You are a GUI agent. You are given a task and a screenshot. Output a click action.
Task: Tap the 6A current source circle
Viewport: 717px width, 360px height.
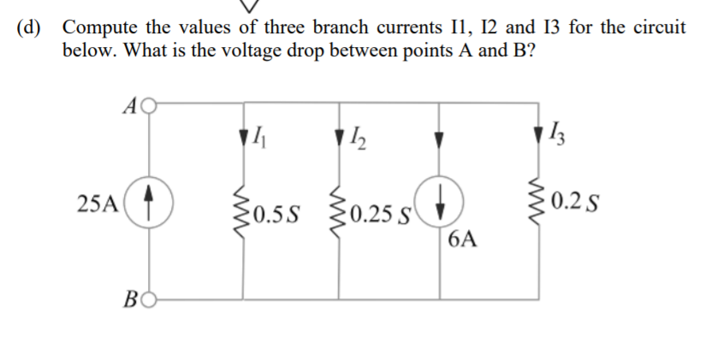(x=440, y=205)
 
